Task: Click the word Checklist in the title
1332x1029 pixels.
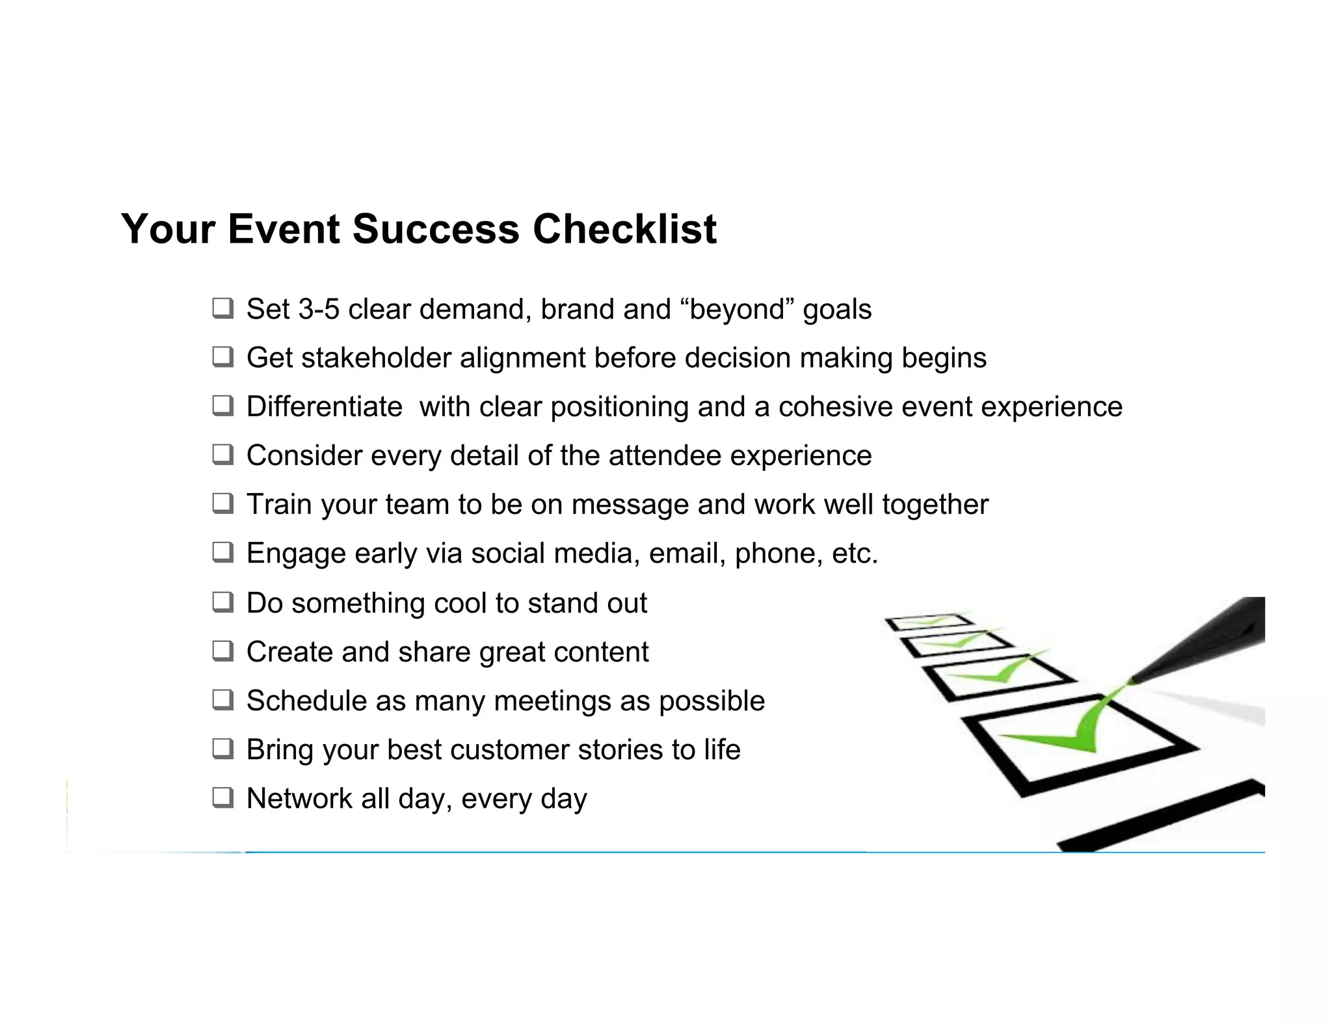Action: pyautogui.click(x=624, y=229)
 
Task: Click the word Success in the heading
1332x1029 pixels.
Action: pyautogui.click(x=436, y=229)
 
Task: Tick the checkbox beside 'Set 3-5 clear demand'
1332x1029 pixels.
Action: pyautogui.click(x=222, y=308)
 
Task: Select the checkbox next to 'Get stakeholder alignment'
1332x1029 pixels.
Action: pyautogui.click(x=222, y=357)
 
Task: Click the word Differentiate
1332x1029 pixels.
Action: pyautogui.click(x=324, y=407)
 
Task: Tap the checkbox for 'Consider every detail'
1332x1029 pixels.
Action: pyautogui.click(x=222, y=455)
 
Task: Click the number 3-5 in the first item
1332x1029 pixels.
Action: pyautogui.click(x=319, y=309)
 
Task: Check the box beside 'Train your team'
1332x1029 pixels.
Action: pyautogui.click(x=222, y=503)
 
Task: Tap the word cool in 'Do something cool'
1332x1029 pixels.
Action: pyautogui.click(x=460, y=603)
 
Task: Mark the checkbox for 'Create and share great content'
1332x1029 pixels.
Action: pyautogui.click(x=222, y=651)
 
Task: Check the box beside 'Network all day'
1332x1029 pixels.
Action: pyautogui.click(x=222, y=797)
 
